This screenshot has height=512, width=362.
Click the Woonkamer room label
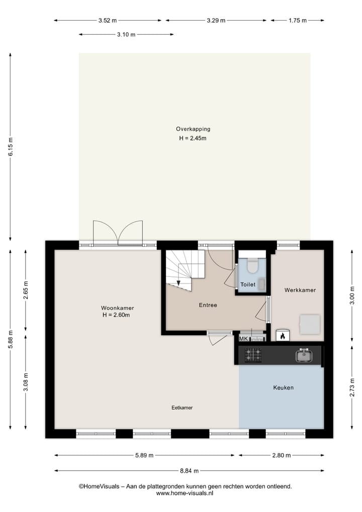pos(117,308)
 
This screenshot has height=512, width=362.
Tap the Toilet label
pos(247,284)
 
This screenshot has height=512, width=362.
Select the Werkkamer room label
pos(300,290)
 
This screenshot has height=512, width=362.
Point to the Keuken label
pos(283,388)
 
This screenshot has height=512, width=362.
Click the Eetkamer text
pos(182,408)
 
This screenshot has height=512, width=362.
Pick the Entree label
pos(208,305)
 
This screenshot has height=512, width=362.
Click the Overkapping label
pos(193,129)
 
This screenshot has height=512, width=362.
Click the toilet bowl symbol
pos(252,265)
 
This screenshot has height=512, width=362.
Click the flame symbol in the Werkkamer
pos(283,335)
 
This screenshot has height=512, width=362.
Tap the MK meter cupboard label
pos(243,339)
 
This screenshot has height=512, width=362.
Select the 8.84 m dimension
pos(189,471)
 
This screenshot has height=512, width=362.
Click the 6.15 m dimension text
pos(10,147)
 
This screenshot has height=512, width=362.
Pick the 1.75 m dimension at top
pos(298,21)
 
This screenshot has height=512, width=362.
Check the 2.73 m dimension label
pos(352,387)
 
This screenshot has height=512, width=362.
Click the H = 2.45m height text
pos(193,138)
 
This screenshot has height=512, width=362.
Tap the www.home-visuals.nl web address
pos(185,494)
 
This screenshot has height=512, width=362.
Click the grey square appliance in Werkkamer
pos(310,324)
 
